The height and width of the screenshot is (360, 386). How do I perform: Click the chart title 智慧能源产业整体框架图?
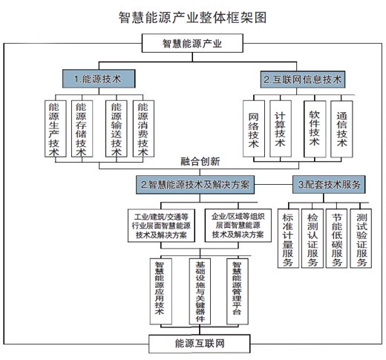click(x=192, y=17)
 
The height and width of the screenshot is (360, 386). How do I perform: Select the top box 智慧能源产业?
click(x=192, y=43)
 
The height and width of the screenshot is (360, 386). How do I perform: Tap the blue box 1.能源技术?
click(x=99, y=79)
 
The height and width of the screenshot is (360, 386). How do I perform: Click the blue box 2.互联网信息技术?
click(x=303, y=79)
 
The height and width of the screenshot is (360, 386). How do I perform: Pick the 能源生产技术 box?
click(x=56, y=128)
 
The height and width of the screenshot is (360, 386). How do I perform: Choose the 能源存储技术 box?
click(x=82, y=128)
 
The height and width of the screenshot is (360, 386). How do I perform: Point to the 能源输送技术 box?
click(x=117, y=128)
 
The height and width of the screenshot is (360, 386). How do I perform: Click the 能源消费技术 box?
click(x=143, y=128)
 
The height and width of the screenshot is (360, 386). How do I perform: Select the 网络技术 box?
click(x=254, y=128)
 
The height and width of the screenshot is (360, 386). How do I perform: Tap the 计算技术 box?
click(x=281, y=128)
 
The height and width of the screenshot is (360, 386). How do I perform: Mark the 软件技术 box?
click(x=315, y=129)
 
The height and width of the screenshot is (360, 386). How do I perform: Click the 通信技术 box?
click(x=341, y=129)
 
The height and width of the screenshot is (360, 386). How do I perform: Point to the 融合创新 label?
click(x=200, y=161)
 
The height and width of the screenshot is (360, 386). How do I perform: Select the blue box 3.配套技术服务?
click(x=329, y=184)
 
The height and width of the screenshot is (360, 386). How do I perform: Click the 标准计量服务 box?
click(x=288, y=238)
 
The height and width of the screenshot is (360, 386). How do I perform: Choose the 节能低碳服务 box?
click(x=336, y=238)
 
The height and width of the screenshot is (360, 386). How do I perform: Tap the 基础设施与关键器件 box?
click(x=200, y=292)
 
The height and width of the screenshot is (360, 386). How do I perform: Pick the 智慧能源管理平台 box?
click(x=238, y=292)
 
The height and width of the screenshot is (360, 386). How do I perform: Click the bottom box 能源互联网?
click(x=200, y=344)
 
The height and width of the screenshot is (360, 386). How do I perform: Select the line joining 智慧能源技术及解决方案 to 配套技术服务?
click(x=273, y=185)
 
